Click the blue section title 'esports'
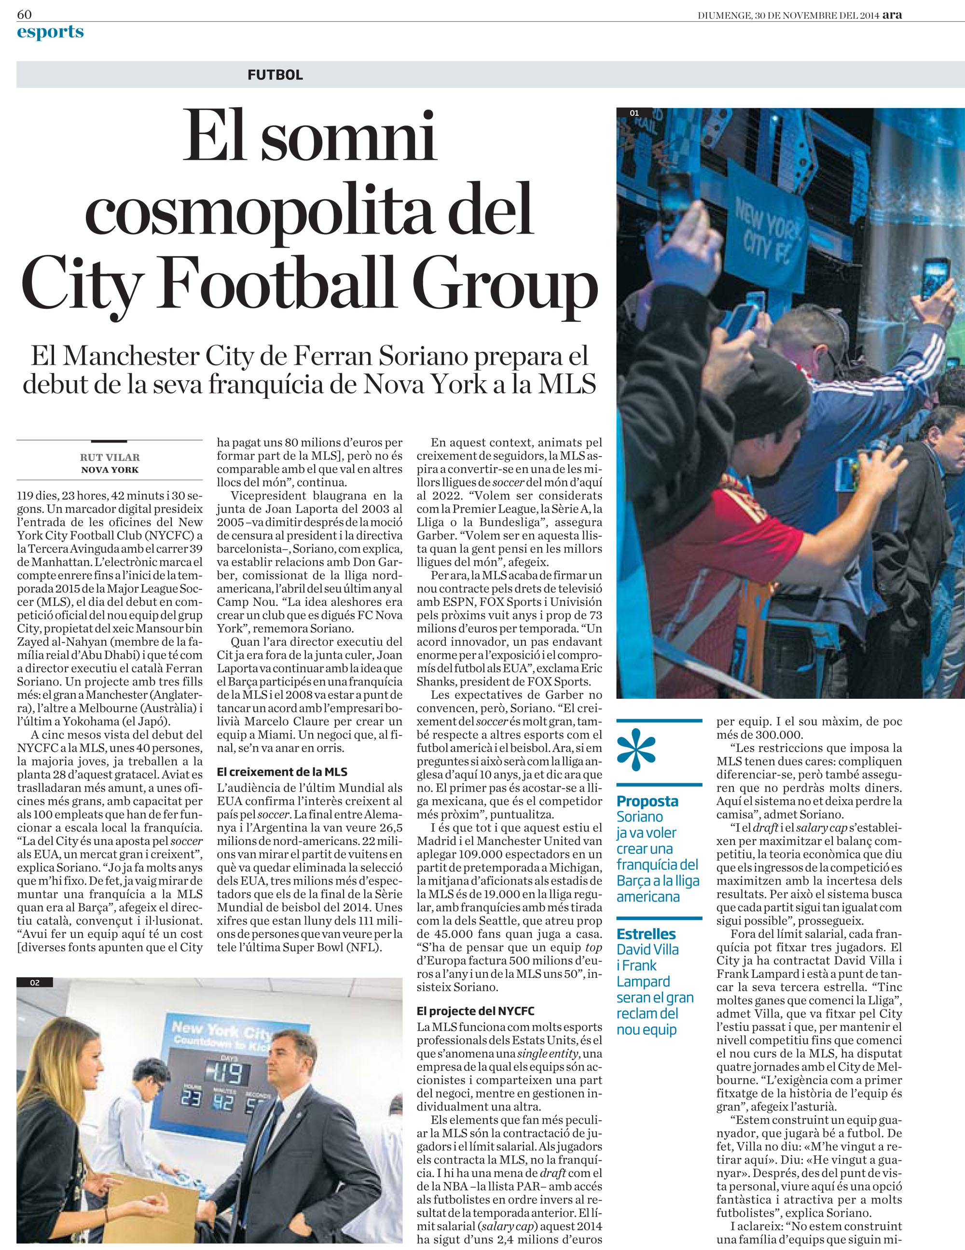[x=50, y=32]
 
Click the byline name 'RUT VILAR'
[x=110, y=458]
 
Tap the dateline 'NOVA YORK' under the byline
[x=110, y=470]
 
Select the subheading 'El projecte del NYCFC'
[x=475, y=1011]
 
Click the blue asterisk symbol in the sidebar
[x=636, y=750]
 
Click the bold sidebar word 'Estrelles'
[x=646, y=934]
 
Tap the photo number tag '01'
[x=634, y=113]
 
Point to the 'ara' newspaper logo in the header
[x=892, y=15]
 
